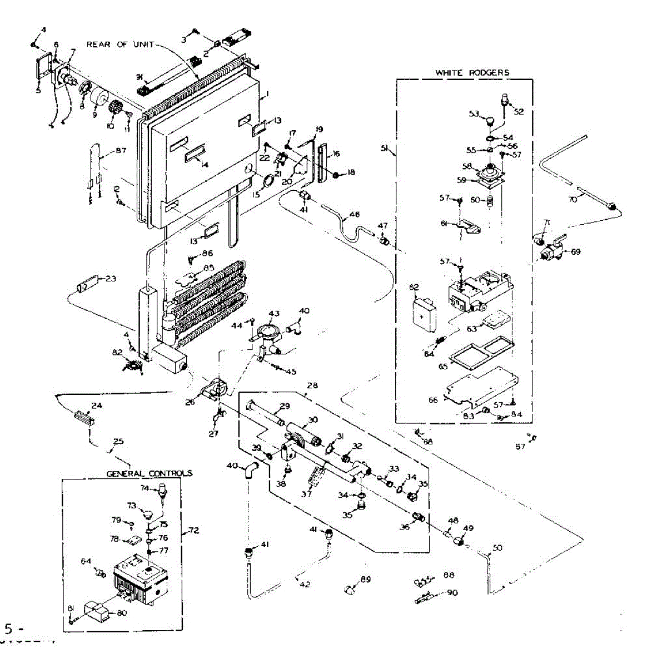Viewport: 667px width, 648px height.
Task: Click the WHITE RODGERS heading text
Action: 472,72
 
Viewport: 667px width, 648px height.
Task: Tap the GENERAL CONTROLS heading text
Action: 150,473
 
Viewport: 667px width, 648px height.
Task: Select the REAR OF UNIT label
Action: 120,44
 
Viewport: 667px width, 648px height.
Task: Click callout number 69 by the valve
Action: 575,252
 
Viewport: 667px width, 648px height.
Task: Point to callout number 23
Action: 111,279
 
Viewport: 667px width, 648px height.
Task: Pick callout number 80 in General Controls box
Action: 122,614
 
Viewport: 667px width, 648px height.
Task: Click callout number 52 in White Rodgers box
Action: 519,112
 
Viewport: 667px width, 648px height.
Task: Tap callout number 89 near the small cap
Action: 365,580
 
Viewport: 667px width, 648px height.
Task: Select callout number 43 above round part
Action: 273,314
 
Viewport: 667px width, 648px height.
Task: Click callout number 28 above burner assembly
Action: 312,385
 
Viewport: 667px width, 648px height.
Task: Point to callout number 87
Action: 121,151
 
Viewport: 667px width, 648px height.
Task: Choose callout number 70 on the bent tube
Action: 573,199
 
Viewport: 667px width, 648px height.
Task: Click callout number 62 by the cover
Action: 414,288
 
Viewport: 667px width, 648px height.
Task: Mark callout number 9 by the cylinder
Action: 94,115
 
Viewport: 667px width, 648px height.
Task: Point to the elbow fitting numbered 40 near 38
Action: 249,470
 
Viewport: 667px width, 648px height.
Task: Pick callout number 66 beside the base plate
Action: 433,399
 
